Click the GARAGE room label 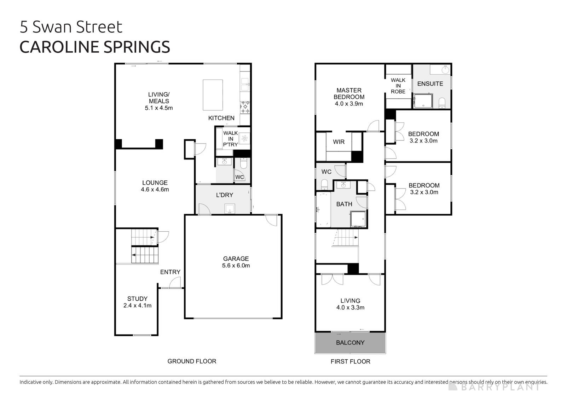[236, 259]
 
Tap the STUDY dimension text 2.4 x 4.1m [137, 306]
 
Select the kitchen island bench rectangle [213, 95]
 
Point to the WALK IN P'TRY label [230, 139]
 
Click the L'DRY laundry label [224, 195]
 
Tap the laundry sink [230, 209]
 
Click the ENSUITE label [430, 84]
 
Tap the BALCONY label [350, 343]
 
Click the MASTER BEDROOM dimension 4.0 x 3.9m [349, 104]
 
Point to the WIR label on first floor [339, 142]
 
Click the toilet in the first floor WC [324, 184]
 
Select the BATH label [344, 204]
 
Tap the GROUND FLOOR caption [192, 361]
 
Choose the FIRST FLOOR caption [350, 361]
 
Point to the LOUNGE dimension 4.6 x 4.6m [155, 190]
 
